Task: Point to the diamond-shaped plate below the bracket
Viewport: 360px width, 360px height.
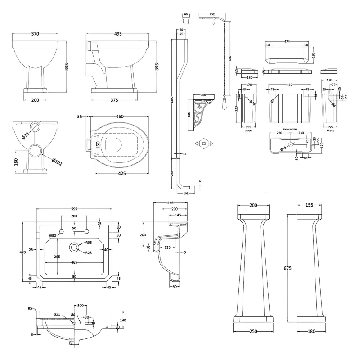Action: point(202,144)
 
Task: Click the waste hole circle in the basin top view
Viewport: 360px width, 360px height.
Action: point(73,247)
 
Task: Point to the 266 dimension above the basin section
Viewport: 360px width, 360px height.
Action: point(170,203)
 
